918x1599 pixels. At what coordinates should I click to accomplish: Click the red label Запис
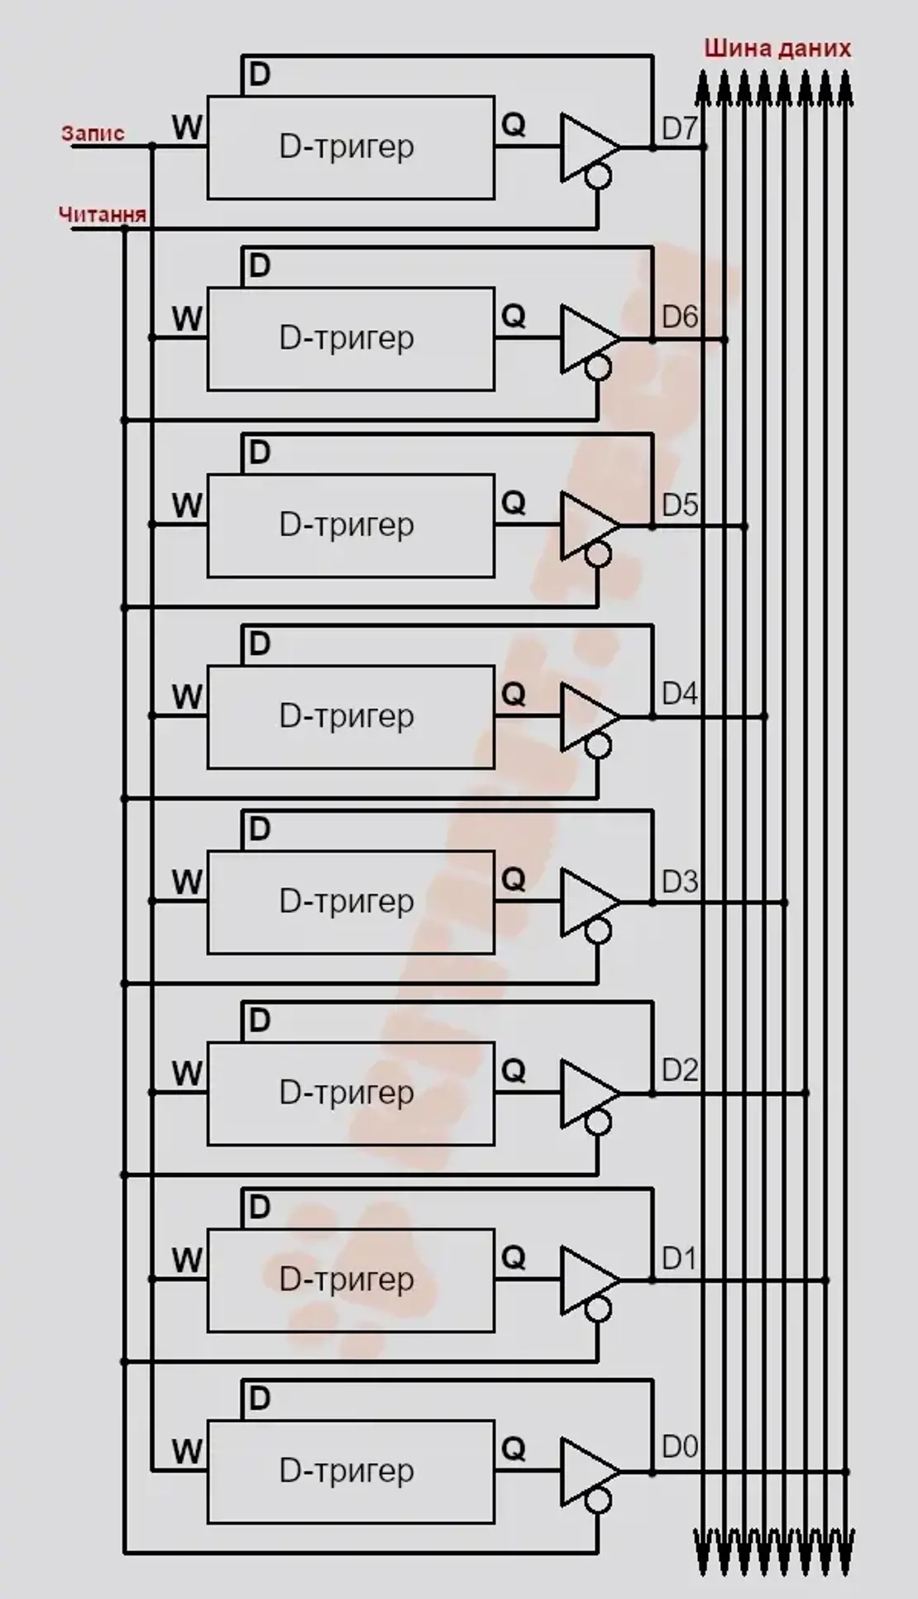tap(93, 133)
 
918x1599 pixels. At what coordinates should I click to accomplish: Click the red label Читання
tap(102, 214)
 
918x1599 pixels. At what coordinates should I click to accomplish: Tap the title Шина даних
tap(777, 48)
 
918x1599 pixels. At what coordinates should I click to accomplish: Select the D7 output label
tap(680, 128)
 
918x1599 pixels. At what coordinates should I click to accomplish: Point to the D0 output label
tap(680, 1446)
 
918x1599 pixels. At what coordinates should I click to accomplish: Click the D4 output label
tap(680, 692)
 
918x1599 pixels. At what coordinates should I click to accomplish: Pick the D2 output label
tap(680, 1070)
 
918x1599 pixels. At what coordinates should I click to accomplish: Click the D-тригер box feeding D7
tap(351, 148)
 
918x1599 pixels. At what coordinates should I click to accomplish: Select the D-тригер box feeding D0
tap(351, 1472)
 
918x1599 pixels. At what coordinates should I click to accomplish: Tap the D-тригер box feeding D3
tap(351, 902)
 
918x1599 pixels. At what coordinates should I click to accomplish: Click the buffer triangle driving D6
tap(586, 338)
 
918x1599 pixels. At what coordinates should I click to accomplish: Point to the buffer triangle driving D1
tap(586, 1280)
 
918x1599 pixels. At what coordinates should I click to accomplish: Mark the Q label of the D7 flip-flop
tap(514, 125)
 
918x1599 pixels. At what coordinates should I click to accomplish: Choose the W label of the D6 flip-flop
tap(187, 318)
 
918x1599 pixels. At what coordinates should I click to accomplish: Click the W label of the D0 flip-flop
tap(187, 1450)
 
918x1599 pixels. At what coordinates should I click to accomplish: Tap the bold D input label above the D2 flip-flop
tap(259, 1020)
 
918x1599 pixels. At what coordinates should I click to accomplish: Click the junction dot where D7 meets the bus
tap(704, 147)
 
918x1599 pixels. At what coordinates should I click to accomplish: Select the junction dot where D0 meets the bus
tap(846, 1472)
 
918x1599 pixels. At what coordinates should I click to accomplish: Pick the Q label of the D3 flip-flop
tap(514, 878)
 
